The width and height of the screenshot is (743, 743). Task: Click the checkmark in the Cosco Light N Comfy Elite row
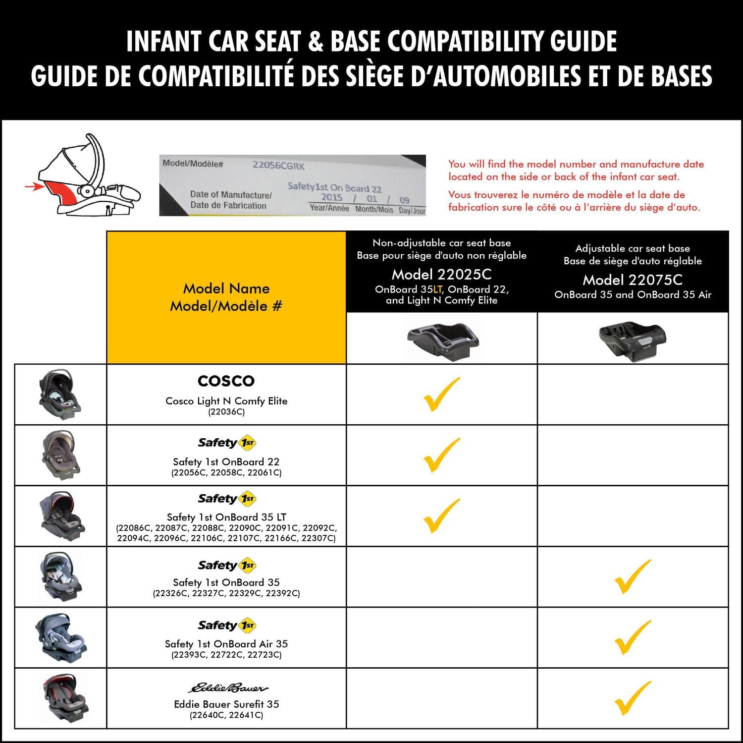point(441,395)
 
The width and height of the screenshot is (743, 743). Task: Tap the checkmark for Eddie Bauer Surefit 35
point(632,698)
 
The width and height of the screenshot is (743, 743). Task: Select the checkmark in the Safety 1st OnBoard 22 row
point(441,455)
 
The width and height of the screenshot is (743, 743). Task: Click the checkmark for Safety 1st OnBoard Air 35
point(632,637)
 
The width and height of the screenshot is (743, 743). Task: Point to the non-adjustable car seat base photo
point(442,339)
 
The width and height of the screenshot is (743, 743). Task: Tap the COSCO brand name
point(226,381)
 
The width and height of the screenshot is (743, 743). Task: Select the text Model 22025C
point(441,274)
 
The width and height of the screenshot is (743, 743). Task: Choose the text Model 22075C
point(633,280)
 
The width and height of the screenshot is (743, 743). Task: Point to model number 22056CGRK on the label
point(278,166)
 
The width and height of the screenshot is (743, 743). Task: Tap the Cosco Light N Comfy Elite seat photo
point(60,395)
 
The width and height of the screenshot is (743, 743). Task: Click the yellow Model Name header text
point(226,288)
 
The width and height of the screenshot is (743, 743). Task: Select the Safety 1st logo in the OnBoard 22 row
point(227,443)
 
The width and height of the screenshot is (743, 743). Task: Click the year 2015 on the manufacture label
point(331,197)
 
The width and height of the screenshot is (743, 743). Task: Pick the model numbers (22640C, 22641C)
point(226,715)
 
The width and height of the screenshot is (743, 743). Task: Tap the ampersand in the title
point(316,42)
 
